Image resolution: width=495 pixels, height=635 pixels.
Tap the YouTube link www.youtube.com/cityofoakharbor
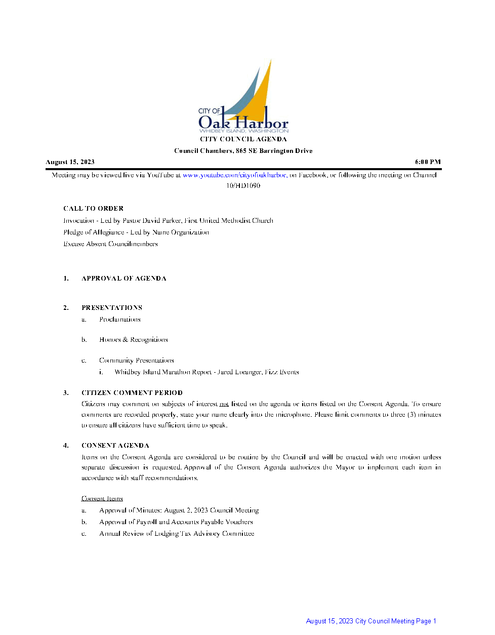click(234, 175)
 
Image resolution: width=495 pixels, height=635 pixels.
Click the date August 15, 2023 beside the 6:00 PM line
click(70, 162)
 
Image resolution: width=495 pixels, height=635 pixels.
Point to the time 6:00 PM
click(428, 162)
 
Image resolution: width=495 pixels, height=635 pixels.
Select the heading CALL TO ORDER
click(94, 209)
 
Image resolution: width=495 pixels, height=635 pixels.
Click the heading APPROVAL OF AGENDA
click(124, 279)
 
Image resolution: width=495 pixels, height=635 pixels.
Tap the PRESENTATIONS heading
click(112, 308)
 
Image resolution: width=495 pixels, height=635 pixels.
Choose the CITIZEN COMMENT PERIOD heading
click(132, 393)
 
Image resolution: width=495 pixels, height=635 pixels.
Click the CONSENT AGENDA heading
click(115, 446)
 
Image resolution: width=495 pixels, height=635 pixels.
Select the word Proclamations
click(120, 320)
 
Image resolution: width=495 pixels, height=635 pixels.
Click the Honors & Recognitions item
click(134, 340)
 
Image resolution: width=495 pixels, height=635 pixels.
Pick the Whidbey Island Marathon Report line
click(207, 372)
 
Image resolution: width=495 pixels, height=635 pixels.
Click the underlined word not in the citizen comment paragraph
click(224, 404)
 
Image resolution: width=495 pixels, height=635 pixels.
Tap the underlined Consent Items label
click(102, 499)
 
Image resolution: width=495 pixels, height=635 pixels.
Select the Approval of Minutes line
click(179, 510)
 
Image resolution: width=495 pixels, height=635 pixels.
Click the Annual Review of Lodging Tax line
click(177, 534)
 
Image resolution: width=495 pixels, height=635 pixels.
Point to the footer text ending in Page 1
click(371, 621)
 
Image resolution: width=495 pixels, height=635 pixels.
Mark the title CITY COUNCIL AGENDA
click(243, 139)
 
